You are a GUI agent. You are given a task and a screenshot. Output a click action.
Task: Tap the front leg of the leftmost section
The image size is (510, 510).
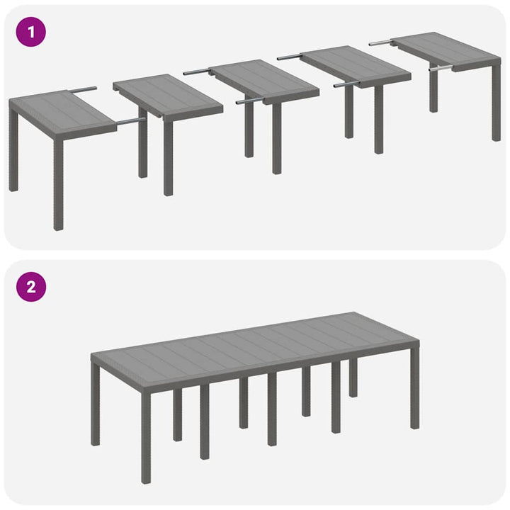point(58,184)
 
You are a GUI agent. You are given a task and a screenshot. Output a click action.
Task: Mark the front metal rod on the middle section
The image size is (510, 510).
point(249,101)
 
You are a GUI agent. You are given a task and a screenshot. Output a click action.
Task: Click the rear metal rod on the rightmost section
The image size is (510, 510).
point(380,43)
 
